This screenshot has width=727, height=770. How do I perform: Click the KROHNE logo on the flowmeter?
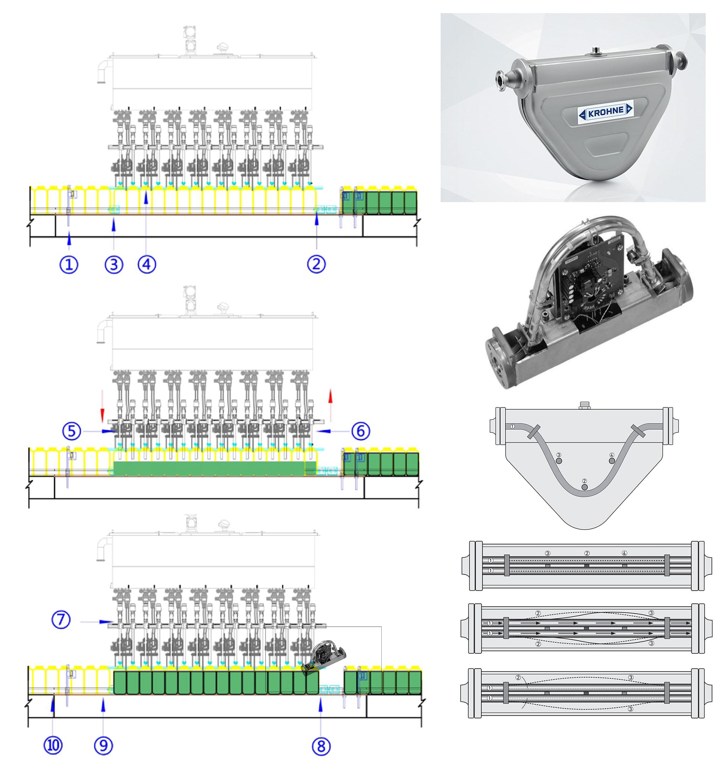(x=605, y=112)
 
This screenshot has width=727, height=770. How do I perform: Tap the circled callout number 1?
(x=69, y=265)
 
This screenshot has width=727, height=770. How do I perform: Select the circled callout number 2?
(x=316, y=264)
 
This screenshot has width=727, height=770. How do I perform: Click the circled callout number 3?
(x=114, y=265)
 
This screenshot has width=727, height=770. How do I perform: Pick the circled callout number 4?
(x=147, y=264)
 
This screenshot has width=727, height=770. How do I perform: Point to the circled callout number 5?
(x=72, y=431)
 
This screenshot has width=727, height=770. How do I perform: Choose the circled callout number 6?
(x=361, y=431)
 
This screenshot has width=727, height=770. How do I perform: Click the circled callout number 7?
(x=61, y=619)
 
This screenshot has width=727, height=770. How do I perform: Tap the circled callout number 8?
(x=321, y=746)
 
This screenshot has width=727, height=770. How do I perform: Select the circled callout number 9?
(x=103, y=746)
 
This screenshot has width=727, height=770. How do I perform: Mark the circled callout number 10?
(x=53, y=746)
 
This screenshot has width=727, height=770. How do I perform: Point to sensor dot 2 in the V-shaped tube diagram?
(x=585, y=486)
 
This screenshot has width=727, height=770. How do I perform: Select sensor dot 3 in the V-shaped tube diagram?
(x=559, y=461)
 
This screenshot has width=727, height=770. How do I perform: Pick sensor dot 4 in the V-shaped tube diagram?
(x=612, y=461)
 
